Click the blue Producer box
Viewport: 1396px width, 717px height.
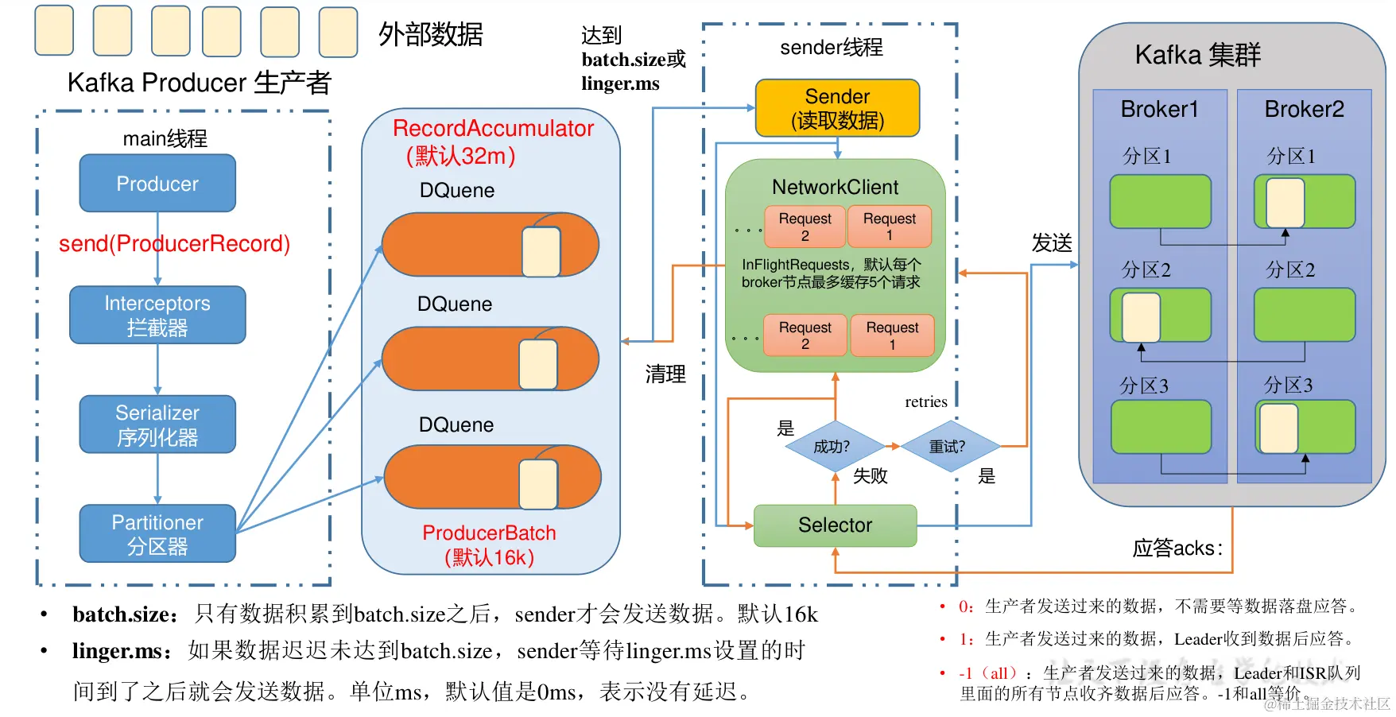157,184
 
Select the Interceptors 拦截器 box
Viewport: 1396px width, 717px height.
157,315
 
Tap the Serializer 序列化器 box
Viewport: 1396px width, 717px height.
157,424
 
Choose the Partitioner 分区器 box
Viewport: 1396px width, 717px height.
157,533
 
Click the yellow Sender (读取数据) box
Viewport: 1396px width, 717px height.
837,108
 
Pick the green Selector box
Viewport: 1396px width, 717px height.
835,525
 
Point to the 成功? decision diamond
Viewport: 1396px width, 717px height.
832,447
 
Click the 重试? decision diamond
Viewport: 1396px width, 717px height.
948,447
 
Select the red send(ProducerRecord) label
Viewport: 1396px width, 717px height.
174,243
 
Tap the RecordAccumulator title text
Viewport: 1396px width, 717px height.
493,129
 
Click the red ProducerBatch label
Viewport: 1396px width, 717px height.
489,533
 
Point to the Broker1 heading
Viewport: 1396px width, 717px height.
1159,110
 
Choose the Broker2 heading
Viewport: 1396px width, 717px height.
1304,110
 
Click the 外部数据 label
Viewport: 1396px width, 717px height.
430,35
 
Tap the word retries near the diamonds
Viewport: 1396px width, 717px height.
926,402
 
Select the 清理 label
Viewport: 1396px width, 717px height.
665,374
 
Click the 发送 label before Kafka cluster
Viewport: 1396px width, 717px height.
1051,243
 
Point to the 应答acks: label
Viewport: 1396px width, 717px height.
1177,548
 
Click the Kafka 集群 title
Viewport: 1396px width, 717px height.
1197,55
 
